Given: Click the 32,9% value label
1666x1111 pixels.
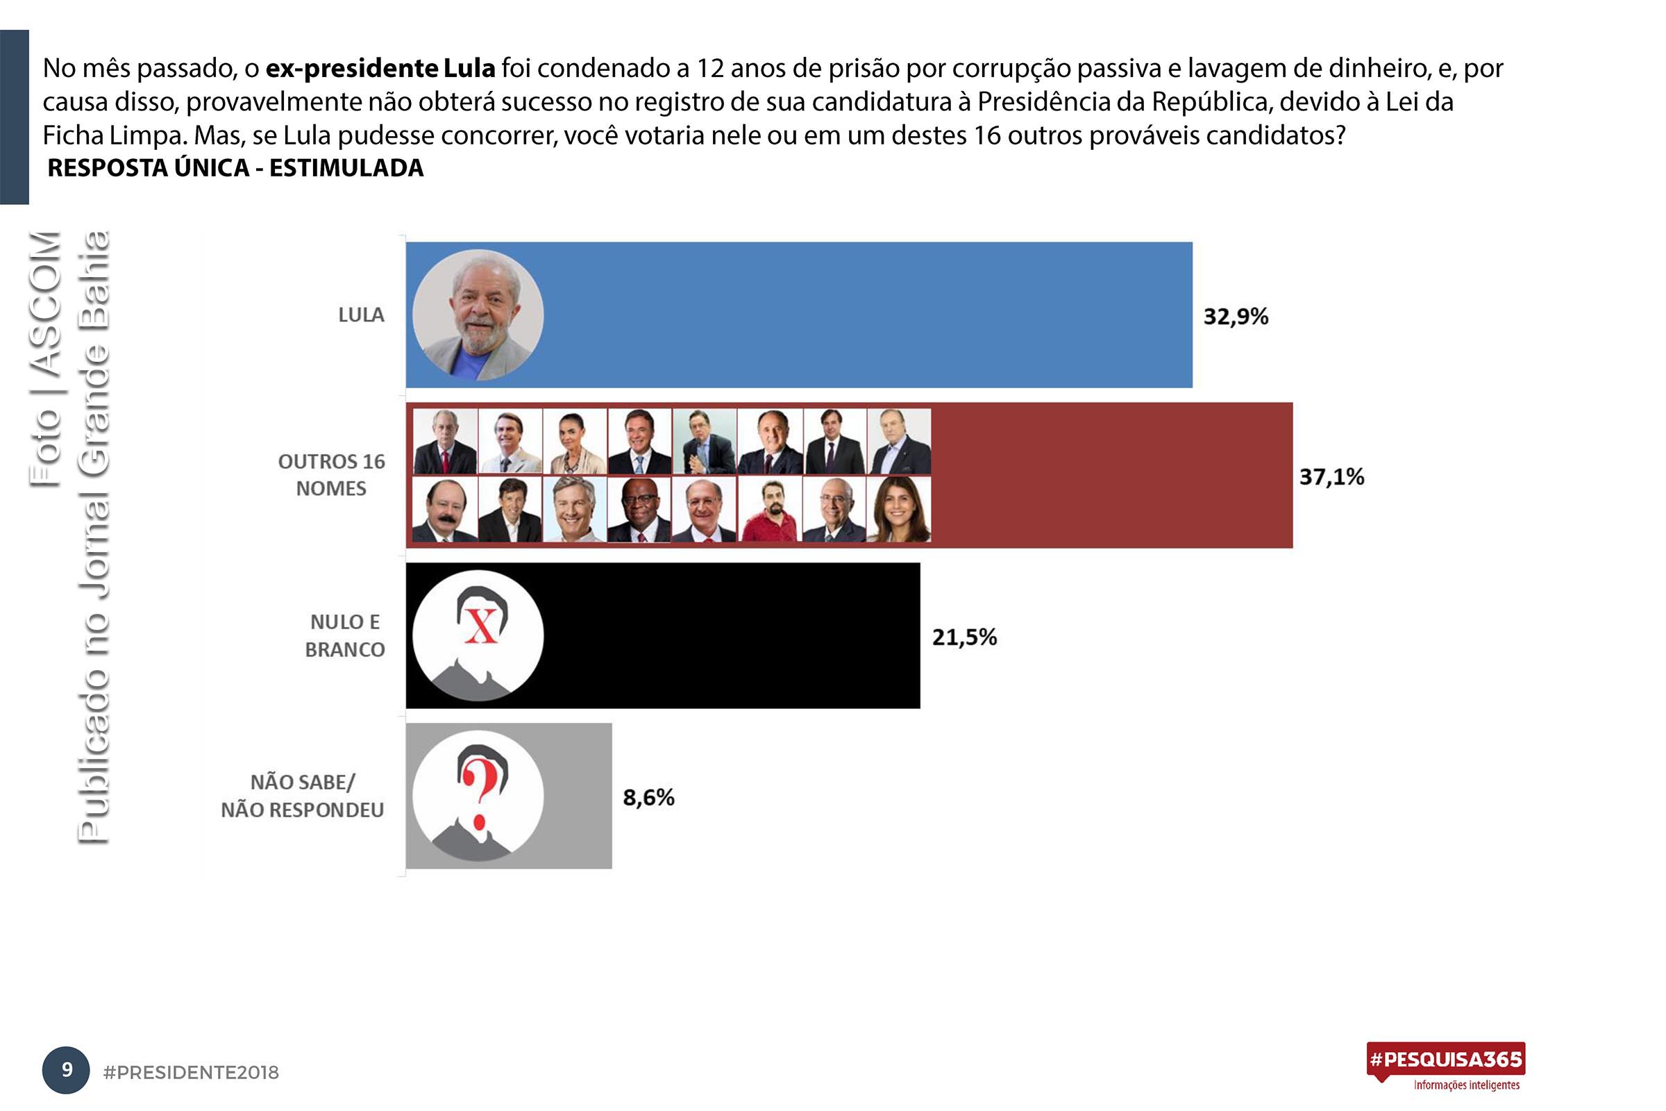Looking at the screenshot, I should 1236,317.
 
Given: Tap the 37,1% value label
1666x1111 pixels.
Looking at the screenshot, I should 1331,477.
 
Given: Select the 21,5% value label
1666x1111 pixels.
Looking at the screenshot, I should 964,637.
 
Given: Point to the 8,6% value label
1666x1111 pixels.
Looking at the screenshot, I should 648,798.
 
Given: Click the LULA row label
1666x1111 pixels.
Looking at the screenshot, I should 361,315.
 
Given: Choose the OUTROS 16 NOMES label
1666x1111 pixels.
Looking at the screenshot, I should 331,475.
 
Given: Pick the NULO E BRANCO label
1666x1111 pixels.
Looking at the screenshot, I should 345,635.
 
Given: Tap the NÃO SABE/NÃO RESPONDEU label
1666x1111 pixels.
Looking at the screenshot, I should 303,796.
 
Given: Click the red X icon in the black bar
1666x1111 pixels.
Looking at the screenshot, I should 481,626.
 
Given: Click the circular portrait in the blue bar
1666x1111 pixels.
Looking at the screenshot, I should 478,315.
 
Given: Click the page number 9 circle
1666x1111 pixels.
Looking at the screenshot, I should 67,1069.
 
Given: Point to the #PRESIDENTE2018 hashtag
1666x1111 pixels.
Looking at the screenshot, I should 192,1073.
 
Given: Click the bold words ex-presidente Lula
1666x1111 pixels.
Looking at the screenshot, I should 380,69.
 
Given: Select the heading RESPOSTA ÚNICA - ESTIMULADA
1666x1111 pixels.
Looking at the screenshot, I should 235,168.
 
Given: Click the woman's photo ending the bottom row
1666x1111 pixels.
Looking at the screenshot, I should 898,509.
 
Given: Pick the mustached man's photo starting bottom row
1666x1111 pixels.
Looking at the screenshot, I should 444,509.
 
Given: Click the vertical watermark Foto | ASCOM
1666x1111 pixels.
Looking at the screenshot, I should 45,358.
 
